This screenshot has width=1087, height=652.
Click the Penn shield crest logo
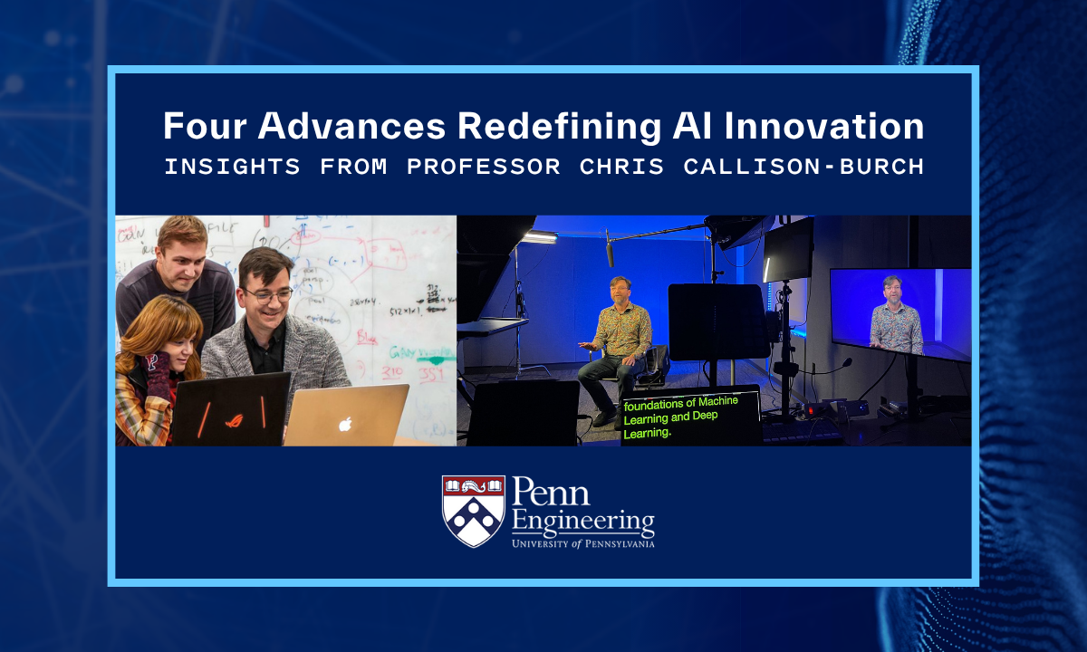click(473, 511)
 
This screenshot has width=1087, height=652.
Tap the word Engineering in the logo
click(582, 523)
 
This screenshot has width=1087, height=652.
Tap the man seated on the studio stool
click(618, 340)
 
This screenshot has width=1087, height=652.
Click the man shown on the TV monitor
click(896, 317)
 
